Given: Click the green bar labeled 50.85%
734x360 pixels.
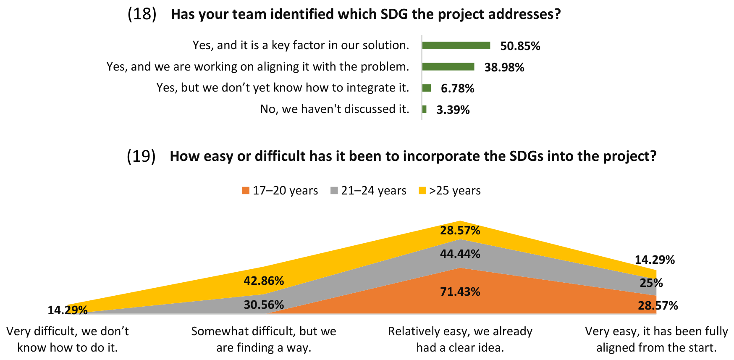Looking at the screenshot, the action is [x=456, y=45].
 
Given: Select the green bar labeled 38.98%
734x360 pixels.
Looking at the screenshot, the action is [x=448, y=67].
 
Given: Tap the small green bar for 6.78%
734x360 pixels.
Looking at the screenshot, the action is [x=427, y=88].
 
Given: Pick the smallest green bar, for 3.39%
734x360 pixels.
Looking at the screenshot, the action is [x=425, y=109].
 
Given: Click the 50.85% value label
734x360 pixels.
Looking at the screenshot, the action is [x=520, y=46].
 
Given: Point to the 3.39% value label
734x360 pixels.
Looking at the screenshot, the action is [x=453, y=110].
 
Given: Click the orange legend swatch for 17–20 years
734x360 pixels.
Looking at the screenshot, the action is [x=246, y=191].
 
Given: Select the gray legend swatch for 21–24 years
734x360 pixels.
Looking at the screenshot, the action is [x=334, y=191].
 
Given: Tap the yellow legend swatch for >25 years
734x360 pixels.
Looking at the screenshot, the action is [x=422, y=191].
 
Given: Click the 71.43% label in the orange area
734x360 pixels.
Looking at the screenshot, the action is [x=460, y=292].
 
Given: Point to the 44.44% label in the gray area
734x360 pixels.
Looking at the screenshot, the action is [x=460, y=254].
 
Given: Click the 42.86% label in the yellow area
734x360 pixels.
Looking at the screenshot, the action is [x=264, y=281].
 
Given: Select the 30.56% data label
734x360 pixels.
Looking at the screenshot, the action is [x=264, y=305].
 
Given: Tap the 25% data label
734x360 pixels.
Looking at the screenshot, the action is [x=651, y=283].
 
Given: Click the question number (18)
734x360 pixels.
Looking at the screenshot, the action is [x=142, y=14].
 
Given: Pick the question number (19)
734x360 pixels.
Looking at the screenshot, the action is [x=141, y=156].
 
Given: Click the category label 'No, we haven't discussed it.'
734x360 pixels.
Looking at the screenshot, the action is [x=335, y=109].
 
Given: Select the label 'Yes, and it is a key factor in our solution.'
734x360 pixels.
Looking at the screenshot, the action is [x=301, y=45].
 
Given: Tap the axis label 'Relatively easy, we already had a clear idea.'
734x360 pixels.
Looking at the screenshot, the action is [x=460, y=339].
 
